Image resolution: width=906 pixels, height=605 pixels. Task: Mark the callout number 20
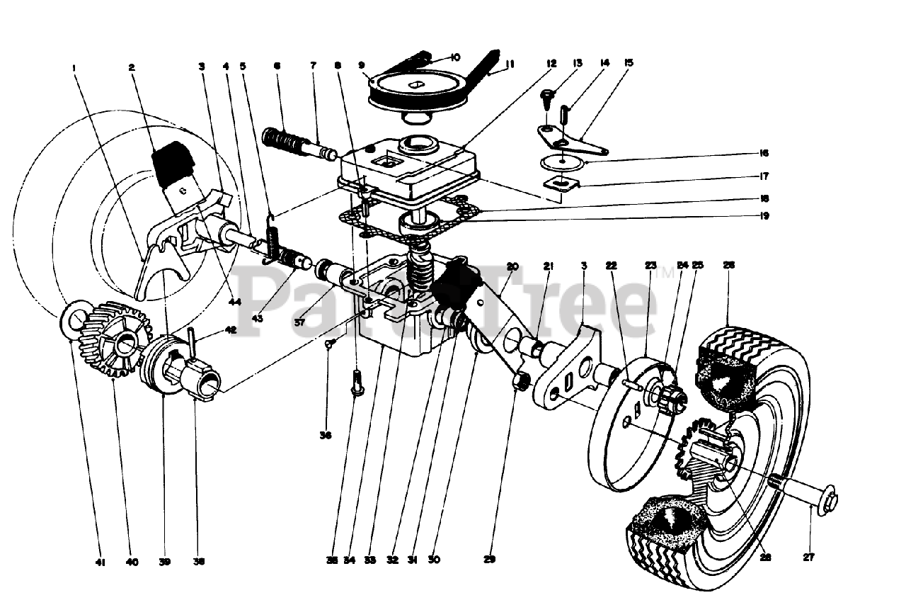[x=512, y=266]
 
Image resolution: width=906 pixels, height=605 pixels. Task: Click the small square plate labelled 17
[x=561, y=185]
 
